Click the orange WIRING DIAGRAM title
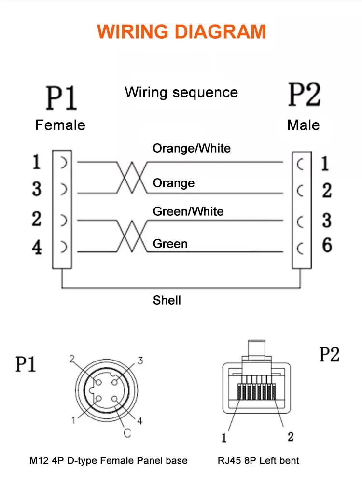[181, 31]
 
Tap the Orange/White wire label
[192, 149]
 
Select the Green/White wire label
[188, 211]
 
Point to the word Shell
[167, 300]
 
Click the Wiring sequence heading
[181, 93]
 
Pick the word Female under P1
[60, 125]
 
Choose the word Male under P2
[304, 125]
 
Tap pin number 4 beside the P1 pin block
[37, 247]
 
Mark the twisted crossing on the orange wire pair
[132, 178]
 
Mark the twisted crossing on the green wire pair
[132, 236]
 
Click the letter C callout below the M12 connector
[127, 433]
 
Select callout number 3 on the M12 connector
[140, 361]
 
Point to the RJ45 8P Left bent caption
[258, 460]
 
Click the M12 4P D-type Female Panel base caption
[109, 460]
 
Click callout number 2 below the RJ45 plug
[291, 437]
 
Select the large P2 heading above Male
[305, 95]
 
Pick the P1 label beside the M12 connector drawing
[26, 364]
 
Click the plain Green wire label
[170, 244]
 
